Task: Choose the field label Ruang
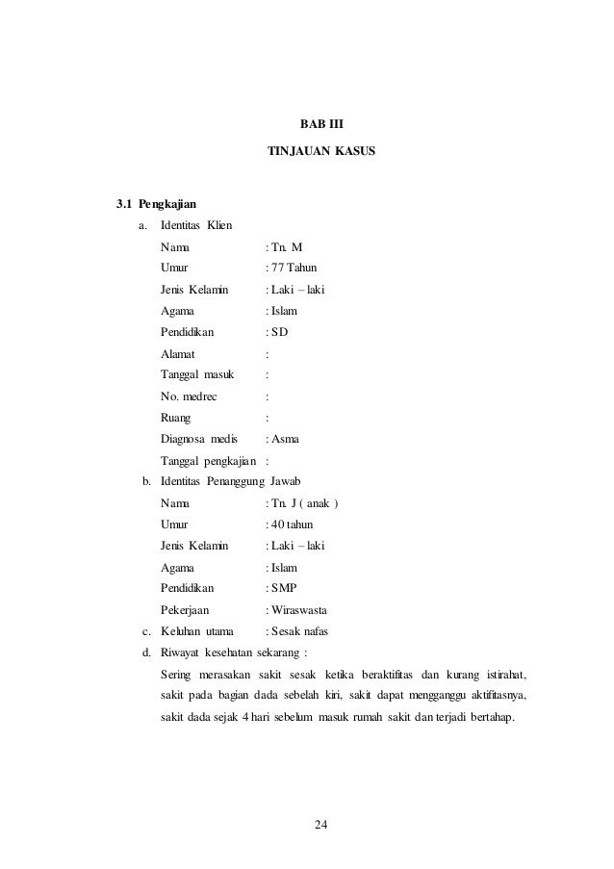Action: (176, 418)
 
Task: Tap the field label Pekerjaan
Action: (186, 609)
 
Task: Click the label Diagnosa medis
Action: (198, 439)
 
